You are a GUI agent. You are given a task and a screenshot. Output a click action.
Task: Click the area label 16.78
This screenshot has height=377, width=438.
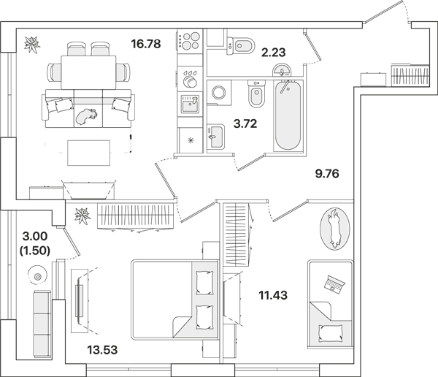tap(146, 44)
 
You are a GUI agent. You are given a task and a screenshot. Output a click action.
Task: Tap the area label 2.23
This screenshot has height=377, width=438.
tap(273, 53)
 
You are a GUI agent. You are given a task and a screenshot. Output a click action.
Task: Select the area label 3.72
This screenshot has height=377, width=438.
tap(245, 123)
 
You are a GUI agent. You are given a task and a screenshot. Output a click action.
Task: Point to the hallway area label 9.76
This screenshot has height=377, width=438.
tap(327, 174)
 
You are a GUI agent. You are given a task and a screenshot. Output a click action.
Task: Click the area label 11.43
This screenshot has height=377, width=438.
tap(273, 295)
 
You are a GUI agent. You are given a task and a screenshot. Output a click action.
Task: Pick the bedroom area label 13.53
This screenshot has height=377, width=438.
tap(102, 349)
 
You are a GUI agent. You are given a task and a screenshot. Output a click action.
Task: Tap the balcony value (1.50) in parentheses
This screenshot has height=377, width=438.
tap(35, 251)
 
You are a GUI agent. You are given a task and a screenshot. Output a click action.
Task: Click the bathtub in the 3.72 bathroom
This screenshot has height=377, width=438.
tap(288, 115)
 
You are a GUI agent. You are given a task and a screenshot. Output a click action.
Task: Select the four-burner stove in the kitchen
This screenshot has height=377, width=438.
tap(190, 41)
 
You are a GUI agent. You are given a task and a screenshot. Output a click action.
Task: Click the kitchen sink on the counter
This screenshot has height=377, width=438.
tap(190, 104)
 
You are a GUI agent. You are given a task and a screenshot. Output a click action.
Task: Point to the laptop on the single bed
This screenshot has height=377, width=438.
tap(334, 284)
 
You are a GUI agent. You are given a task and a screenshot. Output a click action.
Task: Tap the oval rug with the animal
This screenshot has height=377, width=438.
tap(334, 229)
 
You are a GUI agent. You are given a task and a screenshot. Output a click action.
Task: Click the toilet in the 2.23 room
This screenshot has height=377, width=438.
tap(240, 45)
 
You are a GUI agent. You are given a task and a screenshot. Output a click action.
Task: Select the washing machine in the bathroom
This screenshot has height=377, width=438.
tap(219, 93)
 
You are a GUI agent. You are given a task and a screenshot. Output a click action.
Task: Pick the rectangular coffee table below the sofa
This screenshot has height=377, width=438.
tap(89, 153)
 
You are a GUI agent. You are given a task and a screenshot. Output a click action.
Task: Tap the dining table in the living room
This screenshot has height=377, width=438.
tap(88, 72)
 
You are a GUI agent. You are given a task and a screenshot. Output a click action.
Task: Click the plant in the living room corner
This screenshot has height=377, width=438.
tap(32, 44)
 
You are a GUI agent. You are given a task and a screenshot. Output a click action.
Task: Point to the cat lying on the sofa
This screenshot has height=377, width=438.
tap(87, 115)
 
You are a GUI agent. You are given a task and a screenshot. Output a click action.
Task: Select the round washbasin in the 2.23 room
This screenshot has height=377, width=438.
tap(282, 70)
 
